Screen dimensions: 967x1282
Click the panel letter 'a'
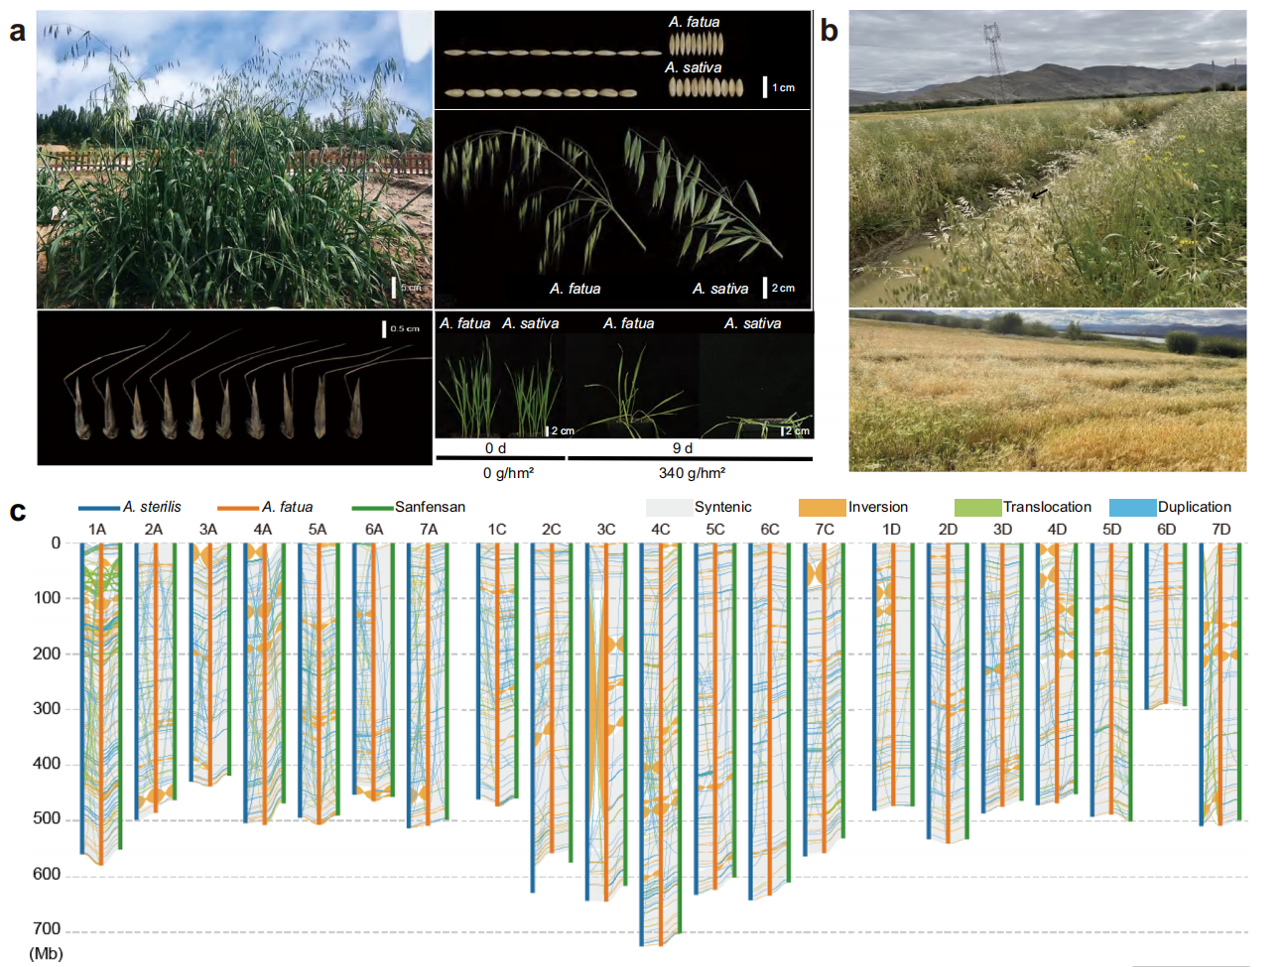[17, 32]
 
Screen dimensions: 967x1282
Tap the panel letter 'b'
[829, 32]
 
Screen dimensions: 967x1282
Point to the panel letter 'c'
[17, 512]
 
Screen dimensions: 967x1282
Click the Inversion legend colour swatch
[822, 507]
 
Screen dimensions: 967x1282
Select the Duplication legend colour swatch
[1132, 507]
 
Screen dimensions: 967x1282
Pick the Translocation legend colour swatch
[977, 507]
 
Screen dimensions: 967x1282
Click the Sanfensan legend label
[430, 507]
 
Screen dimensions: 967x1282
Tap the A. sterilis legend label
[152, 507]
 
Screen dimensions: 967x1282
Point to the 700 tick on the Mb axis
[47, 929]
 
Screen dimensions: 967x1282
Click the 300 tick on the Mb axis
[47, 708]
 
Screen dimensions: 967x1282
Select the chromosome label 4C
[661, 530]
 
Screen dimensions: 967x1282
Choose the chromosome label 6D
[1167, 530]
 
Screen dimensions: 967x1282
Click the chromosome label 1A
[97, 530]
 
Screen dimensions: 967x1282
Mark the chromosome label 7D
[1221, 530]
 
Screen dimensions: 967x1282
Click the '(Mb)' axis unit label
[47, 953]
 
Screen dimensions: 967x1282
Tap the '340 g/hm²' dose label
[692, 473]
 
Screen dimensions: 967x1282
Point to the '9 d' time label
[683, 448]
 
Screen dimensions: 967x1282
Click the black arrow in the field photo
[1039, 194]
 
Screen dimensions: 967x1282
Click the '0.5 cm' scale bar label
[405, 328]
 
